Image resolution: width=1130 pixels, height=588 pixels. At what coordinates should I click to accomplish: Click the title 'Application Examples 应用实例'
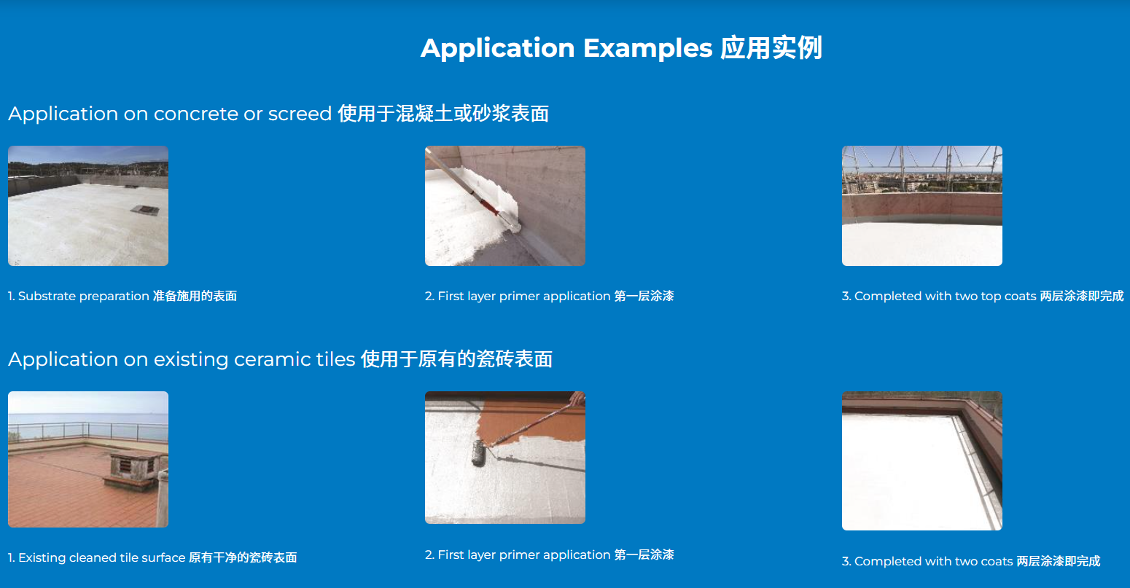pyautogui.click(x=621, y=48)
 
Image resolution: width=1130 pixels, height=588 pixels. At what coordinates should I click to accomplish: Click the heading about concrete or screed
pyautogui.click(x=278, y=114)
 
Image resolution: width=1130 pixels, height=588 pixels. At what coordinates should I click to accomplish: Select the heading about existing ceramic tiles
pyautogui.click(x=281, y=359)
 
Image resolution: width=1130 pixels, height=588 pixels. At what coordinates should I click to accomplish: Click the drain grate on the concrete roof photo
pyautogui.click(x=145, y=209)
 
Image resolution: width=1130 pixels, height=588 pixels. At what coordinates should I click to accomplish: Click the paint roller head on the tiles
pyautogui.click(x=479, y=453)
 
